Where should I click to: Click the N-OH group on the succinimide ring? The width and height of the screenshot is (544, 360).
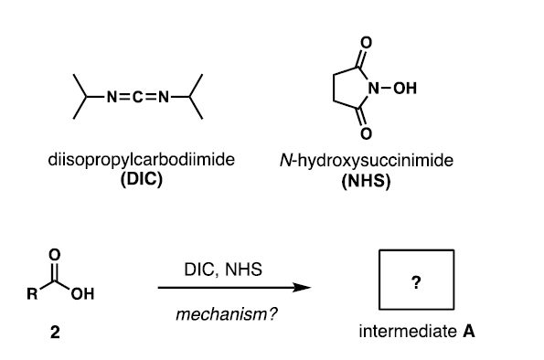click(391, 88)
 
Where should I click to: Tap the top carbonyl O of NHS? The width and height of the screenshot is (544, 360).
click(366, 42)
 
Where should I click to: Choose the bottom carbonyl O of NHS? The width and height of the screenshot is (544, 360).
click(366, 135)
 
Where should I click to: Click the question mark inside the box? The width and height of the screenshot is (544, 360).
click(416, 282)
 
